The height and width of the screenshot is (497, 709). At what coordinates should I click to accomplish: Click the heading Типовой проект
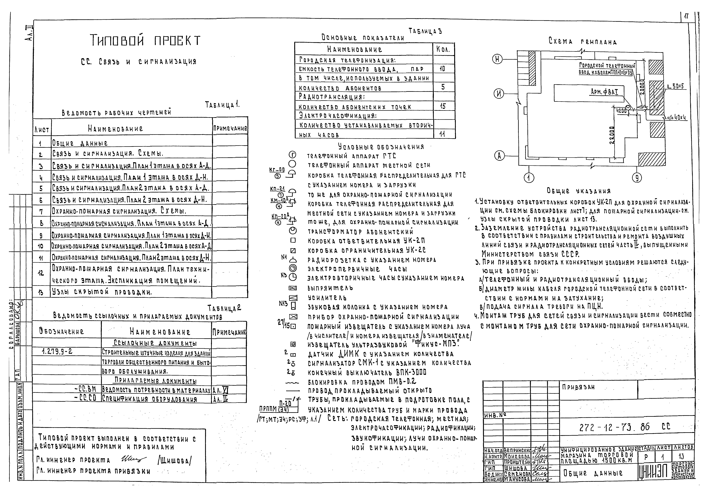click(145, 40)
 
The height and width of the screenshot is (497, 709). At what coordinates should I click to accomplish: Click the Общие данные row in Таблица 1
click(80, 143)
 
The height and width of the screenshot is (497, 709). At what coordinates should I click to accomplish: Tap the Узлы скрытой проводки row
click(102, 292)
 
